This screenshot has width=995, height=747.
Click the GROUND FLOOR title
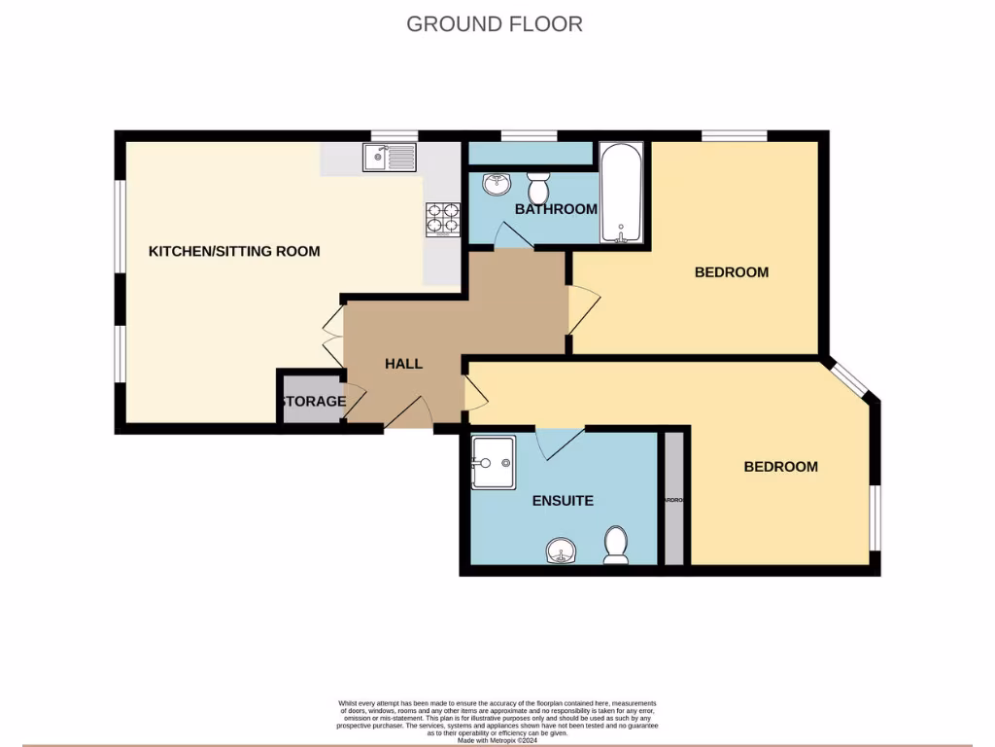tap(495, 23)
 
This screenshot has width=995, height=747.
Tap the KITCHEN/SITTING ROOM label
tap(234, 251)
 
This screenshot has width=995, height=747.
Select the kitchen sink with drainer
tap(390, 157)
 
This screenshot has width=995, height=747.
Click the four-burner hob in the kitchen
tap(442, 218)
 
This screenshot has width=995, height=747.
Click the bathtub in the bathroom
tap(621, 193)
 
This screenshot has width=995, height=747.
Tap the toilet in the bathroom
tap(539, 186)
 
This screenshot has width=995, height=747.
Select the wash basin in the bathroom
tap(497, 183)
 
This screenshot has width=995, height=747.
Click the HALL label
tap(403, 364)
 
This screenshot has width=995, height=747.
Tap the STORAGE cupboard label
tap(313, 401)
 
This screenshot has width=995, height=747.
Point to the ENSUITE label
tap(563, 501)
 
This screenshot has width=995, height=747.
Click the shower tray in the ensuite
tap(494, 462)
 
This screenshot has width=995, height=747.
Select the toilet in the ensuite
tap(615, 545)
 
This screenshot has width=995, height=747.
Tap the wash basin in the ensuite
tap(561, 551)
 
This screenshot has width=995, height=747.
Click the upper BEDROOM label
tap(732, 272)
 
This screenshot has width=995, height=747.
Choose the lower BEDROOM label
tap(780, 467)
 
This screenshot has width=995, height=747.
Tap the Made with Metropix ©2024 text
tap(497, 739)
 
